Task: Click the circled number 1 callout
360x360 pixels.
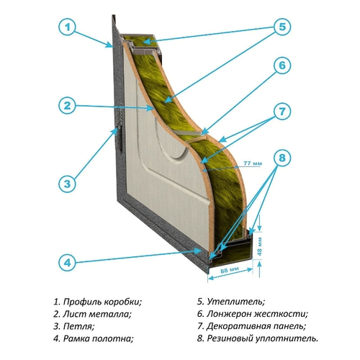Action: pos(67,27)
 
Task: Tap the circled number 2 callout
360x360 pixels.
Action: pos(67,105)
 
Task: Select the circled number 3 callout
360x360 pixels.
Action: pos(67,184)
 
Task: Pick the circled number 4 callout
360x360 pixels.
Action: pos(67,262)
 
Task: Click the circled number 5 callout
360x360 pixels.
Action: pos(282,27)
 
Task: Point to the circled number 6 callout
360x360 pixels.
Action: pos(282,66)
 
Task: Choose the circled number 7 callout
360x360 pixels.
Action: pos(282,112)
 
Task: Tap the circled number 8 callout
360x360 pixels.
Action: pos(282,158)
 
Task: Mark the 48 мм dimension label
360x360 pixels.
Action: pos(260,246)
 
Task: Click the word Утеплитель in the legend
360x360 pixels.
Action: pos(236,302)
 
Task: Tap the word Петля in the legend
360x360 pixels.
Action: pos(79,326)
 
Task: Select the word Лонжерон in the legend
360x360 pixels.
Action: pos(229,314)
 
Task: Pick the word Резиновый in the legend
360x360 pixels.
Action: pos(230,338)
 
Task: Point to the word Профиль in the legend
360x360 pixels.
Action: pos(81,302)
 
